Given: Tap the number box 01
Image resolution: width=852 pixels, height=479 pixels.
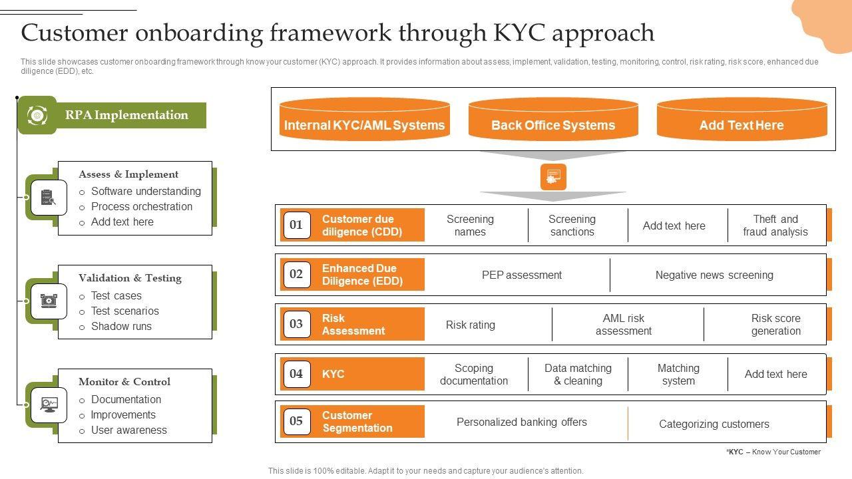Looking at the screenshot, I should coord(296,225).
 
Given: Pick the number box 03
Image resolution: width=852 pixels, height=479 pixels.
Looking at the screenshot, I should coord(296,324).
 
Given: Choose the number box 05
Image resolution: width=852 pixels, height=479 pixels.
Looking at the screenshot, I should coord(296,421).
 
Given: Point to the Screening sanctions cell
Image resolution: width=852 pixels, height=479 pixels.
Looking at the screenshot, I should coord(572,226).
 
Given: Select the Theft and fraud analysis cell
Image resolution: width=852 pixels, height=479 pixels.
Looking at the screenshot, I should coord(775,226).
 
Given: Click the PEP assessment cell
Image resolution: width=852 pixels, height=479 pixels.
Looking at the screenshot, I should coord(522,275).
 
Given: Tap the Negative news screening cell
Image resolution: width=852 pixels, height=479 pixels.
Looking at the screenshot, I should coord(714,275).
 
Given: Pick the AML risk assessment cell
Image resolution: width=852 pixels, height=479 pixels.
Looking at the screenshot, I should coord(624,325).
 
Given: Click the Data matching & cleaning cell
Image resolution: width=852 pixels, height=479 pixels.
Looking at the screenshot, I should coord(578,375).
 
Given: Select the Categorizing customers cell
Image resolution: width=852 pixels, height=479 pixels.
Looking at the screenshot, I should coord(714,424).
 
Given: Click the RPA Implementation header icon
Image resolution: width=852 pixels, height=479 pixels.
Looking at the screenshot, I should coord(37,115).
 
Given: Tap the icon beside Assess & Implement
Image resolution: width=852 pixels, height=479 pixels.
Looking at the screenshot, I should coord(48,198).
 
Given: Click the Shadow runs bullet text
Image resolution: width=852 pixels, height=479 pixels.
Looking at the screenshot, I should coord(121,326).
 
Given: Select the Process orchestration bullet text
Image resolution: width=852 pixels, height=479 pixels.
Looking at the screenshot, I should coord(142,206).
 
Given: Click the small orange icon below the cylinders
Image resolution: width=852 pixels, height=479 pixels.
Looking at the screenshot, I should coord(553,177).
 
